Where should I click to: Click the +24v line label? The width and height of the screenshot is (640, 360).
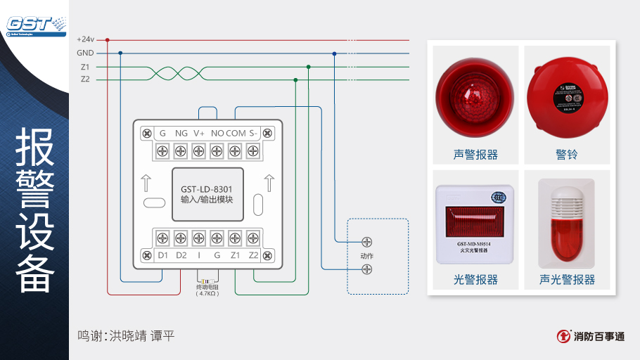tap(85, 39)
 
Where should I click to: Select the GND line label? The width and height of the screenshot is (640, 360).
tap(85, 53)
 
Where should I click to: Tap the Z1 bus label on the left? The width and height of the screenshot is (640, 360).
tap(85, 67)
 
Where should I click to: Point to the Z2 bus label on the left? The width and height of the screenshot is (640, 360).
tap(85, 79)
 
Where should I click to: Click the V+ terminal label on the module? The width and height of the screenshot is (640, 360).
tap(199, 133)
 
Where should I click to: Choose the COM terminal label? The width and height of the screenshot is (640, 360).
tap(236, 133)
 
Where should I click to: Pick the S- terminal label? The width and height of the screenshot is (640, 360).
tap(253, 133)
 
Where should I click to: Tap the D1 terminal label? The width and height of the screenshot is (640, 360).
tap(163, 255)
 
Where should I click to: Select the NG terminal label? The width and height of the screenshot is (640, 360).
tap(181, 133)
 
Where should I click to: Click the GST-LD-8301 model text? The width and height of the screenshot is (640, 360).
tap(207, 189)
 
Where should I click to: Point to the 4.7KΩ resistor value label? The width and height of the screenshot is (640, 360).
tap(208, 294)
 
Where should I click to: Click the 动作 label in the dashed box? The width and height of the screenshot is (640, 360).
tap(366, 256)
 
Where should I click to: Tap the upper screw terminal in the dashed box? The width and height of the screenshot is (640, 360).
tap(366, 243)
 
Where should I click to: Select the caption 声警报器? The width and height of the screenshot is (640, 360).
tap(475, 154)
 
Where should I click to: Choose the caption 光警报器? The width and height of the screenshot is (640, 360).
tap(475, 279)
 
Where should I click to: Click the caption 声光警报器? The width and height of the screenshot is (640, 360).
tap(567, 279)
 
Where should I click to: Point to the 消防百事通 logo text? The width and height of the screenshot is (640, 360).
tap(599, 336)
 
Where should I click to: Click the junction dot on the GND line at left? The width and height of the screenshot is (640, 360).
tap(120, 53)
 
